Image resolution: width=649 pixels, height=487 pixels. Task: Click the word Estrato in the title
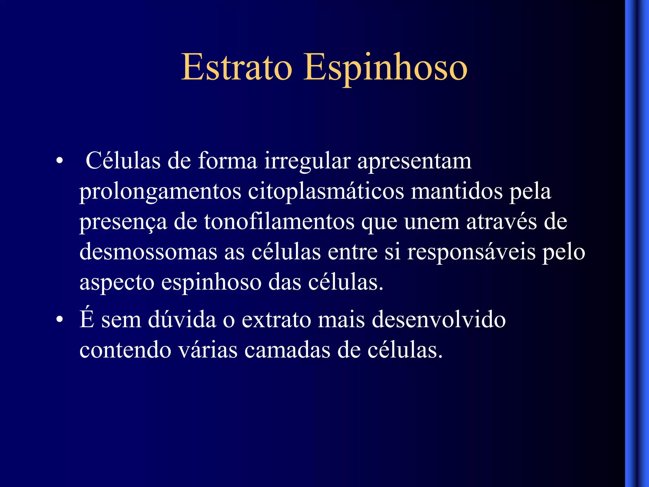[x=236, y=67]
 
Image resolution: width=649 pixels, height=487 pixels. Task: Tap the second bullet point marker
[x=59, y=320]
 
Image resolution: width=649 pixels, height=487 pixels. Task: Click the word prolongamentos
[x=160, y=192]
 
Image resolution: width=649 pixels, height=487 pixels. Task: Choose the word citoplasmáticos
[x=326, y=192]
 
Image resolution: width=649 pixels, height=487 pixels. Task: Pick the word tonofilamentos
[x=279, y=222]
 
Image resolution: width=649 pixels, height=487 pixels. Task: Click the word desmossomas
[x=148, y=252]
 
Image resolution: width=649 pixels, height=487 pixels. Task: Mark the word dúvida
[x=182, y=319]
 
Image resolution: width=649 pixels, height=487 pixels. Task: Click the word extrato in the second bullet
[x=276, y=320]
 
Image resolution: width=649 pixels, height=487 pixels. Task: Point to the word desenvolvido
[x=439, y=319]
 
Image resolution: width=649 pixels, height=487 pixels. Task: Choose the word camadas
[x=287, y=350]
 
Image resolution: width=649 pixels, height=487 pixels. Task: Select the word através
[x=501, y=222]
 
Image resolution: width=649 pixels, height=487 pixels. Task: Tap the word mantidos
[x=457, y=192]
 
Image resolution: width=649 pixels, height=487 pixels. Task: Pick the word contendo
[x=125, y=350]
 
